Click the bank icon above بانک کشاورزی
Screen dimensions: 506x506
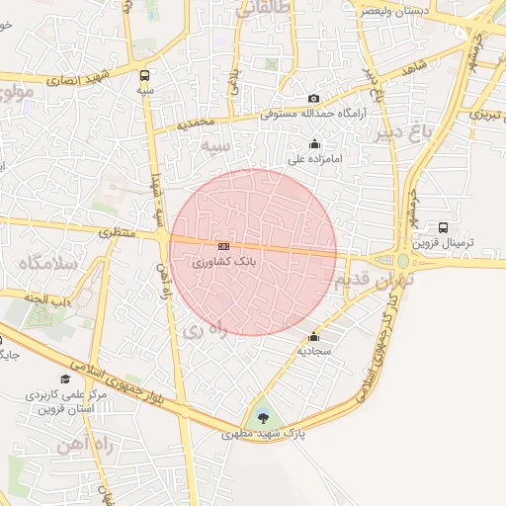pyautogui.click(x=224, y=246)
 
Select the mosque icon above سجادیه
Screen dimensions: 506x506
pyautogui.click(x=314, y=336)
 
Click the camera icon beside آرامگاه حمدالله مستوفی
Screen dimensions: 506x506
pyautogui.click(x=314, y=98)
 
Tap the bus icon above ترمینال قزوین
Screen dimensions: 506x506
pyautogui.click(x=443, y=227)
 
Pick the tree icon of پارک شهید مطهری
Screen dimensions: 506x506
pyautogui.click(x=261, y=418)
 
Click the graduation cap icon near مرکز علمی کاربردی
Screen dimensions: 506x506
pyautogui.click(x=65, y=379)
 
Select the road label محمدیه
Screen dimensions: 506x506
pyautogui.click(x=196, y=125)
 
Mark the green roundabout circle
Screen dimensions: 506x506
pyautogui.click(x=403, y=262)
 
